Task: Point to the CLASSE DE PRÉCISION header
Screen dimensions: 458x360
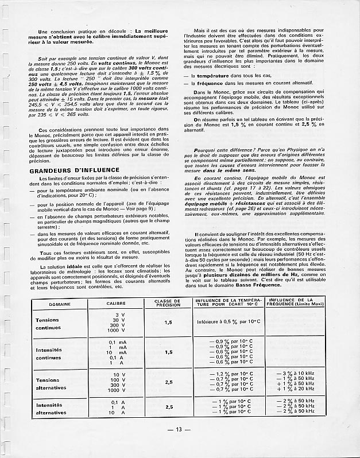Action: (168, 302)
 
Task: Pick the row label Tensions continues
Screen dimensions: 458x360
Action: (52, 324)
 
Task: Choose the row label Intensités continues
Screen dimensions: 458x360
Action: (52, 354)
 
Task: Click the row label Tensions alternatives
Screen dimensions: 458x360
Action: (52, 383)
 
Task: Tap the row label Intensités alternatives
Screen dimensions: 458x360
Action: (51, 408)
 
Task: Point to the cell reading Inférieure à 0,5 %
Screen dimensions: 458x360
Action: (228, 322)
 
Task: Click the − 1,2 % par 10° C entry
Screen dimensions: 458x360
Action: (228, 374)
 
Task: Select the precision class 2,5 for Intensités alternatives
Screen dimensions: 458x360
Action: (168, 407)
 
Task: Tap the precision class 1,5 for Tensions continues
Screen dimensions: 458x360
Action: (168, 323)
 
